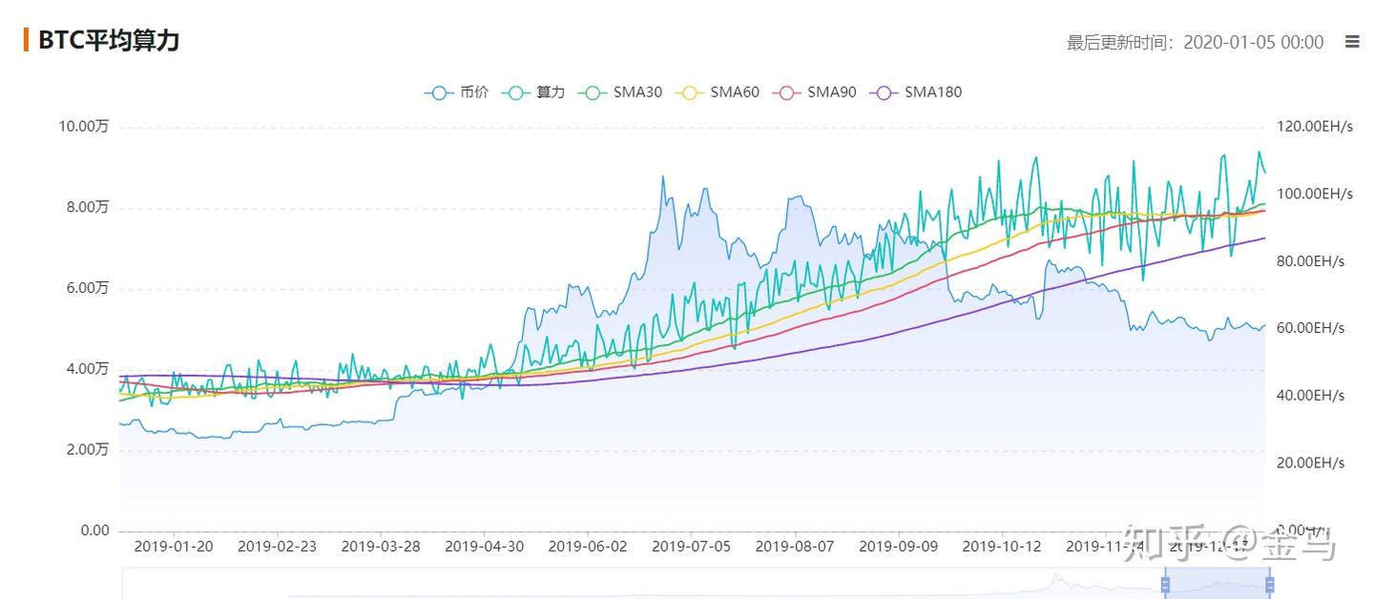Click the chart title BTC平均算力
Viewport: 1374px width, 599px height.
tap(108, 40)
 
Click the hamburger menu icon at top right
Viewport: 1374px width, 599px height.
tap(1351, 41)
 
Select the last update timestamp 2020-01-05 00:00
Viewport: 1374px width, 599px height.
tap(1253, 42)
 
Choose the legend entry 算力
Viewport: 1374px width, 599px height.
tap(536, 93)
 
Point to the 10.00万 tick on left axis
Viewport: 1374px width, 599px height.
tap(83, 127)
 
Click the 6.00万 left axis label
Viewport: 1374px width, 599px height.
tap(87, 288)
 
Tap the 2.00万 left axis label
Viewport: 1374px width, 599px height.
tap(87, 449)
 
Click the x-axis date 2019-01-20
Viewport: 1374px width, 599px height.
tap(174, 547)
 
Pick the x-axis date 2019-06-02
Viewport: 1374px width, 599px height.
tap(588, 547)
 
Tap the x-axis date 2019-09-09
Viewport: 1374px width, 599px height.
tap(898, 547)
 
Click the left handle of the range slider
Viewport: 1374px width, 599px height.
tap(1165, 584)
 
